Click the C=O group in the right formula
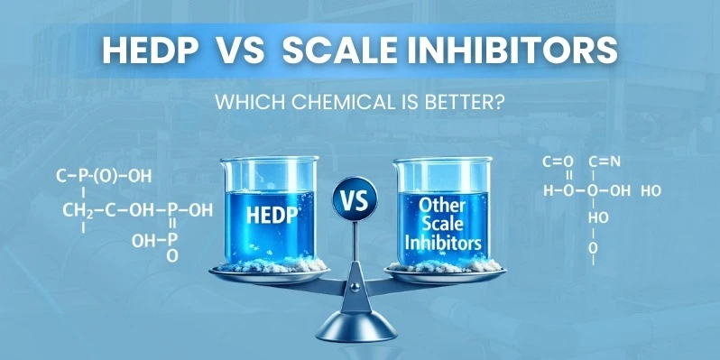click(x=557, y=162)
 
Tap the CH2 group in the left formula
click(x=79, y=211)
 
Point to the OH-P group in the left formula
click(x=153, y=241)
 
